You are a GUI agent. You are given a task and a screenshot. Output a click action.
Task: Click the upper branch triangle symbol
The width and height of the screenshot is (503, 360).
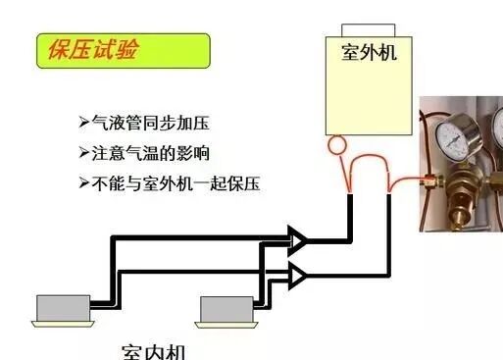pos(296,238)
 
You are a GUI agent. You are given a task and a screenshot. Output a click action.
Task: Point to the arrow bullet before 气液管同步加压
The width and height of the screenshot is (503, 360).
pos(83,123)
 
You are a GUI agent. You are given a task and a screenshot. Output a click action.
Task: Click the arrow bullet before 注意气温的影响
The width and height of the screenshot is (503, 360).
pos(83,153)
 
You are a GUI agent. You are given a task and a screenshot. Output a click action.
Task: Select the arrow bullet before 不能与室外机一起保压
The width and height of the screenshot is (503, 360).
pos(83,183)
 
